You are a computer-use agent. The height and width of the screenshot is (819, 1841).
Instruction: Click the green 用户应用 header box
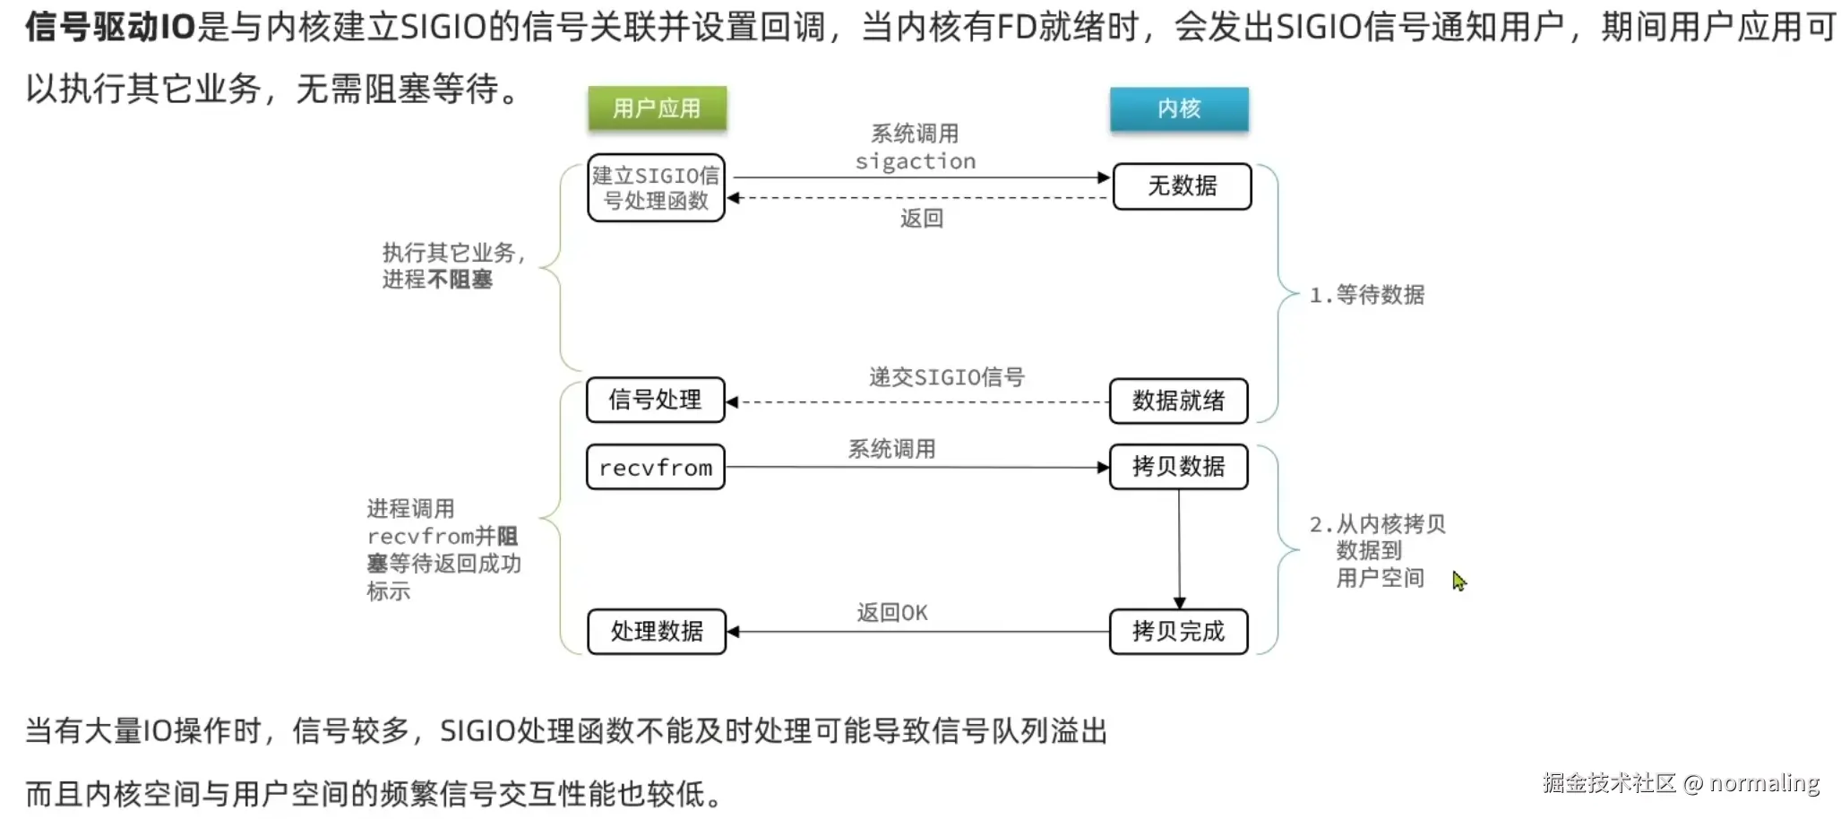(657, 108)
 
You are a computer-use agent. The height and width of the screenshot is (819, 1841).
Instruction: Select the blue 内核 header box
(1179, 108)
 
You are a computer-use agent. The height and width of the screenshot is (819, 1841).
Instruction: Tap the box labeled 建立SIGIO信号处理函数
(656, 188)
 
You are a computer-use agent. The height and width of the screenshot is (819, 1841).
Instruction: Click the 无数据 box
(1182, 186)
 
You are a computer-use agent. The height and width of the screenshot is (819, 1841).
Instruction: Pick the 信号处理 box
(655, 400)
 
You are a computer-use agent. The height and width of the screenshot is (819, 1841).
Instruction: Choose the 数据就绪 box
(1178, 401)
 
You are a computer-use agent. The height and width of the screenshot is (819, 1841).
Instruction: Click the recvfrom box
(655, 467)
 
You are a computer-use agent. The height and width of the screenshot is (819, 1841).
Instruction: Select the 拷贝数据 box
(1178, 467)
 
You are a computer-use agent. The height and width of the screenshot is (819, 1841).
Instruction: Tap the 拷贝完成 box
(1178, 632)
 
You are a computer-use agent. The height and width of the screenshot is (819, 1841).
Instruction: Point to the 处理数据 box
(657, 632)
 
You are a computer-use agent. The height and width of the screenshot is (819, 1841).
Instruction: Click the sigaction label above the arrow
(915, 161)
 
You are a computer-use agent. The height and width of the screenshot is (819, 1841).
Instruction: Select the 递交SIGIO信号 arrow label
(946, 377)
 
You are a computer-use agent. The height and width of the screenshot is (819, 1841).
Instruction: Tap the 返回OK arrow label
(891, 613)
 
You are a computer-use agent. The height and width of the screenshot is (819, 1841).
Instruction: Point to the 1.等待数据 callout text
(1367, 295)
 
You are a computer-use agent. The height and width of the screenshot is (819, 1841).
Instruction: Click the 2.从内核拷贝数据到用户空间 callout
(1378, 550)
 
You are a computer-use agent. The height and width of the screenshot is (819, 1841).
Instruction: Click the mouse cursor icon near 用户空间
(1458, 581)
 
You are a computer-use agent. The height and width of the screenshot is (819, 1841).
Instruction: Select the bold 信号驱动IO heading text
(109, 27)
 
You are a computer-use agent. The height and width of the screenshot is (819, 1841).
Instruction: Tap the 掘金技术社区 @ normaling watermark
(1681, 783)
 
